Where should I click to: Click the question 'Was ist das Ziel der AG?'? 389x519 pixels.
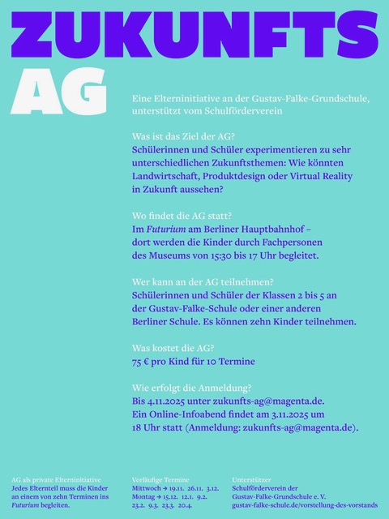coord(182,136)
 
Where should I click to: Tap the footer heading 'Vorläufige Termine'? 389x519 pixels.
coord(160,480)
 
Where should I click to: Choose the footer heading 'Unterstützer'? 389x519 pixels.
coord(252,480)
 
